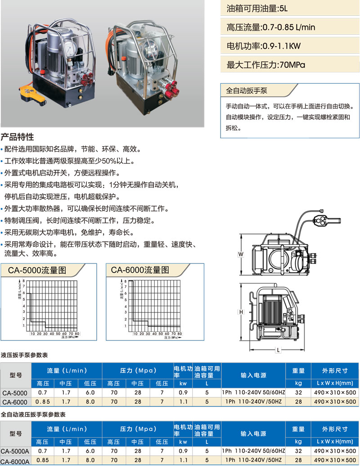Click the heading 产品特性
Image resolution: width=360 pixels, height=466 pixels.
point(17,137)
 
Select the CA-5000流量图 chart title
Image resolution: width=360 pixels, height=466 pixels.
point(37,270)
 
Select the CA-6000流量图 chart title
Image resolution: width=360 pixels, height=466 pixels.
point(140,270)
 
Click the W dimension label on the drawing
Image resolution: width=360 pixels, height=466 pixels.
point(241,254)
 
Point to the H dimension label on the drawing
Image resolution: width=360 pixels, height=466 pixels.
point(241,312)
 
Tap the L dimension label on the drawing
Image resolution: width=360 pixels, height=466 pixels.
point(278,350)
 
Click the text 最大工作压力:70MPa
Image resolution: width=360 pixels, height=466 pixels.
point(266,65)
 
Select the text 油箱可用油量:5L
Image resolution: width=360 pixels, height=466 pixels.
point(257,9)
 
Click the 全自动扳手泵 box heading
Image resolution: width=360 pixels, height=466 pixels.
point(247,90)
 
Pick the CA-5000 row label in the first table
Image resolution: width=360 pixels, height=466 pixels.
point(15,393)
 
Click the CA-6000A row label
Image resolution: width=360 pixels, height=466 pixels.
point(15,461)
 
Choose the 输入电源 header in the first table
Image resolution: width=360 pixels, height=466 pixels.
point(253,376)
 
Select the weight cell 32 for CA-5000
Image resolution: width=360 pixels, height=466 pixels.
point(298,393)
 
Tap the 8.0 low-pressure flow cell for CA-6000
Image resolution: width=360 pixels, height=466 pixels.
point(90,402)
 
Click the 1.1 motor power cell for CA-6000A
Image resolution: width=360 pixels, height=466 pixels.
point(183,460)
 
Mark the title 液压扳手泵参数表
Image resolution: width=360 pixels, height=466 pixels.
point(24,355)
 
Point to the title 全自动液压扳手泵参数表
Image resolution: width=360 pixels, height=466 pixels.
point(33,415)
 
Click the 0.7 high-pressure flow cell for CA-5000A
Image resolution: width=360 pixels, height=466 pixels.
point(42,451)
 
